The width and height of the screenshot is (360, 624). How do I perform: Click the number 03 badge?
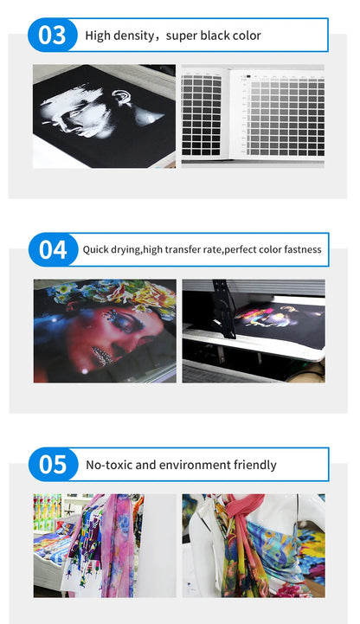pos(53,35)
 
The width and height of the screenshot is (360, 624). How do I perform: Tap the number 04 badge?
pos(54,250)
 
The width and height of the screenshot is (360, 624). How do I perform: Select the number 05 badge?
pos(54,465)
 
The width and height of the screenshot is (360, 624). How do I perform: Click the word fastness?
pos(303,249)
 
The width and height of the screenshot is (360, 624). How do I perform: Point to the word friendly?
pos(255,466)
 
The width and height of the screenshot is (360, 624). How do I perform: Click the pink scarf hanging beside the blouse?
pos(119,545)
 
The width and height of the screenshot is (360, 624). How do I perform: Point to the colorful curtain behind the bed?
pos(48,512)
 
